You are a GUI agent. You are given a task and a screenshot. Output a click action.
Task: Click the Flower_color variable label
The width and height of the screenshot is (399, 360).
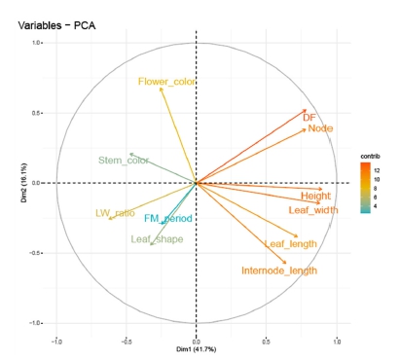coord(166,82)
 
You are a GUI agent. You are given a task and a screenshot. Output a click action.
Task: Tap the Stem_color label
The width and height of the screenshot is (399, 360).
coord(124,161)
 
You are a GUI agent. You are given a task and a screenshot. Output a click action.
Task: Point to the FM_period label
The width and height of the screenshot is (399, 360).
coord(168,219)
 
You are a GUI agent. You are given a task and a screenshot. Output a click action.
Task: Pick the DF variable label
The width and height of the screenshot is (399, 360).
coord(309,118)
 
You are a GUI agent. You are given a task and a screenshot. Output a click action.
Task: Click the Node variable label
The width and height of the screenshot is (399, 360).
coord(321,128)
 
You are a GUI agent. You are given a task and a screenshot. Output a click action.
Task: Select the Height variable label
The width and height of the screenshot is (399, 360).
coord(316,196)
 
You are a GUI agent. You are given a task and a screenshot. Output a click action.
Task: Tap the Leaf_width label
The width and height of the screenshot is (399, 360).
coord(313,209)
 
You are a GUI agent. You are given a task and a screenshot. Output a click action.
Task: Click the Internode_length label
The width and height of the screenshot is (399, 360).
coord(279,270)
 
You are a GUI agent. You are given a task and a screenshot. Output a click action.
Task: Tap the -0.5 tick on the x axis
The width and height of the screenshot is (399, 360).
coord(126,342)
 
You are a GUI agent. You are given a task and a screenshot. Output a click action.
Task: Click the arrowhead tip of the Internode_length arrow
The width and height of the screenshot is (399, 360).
coord(286,264)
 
